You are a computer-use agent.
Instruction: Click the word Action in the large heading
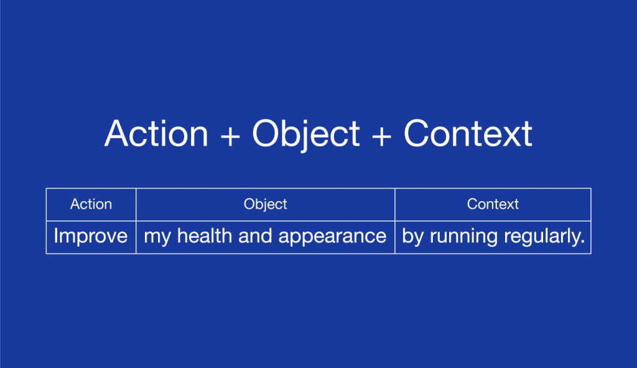tap(156, 133)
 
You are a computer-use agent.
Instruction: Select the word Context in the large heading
tap(468, 133)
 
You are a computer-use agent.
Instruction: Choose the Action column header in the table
tap(91, 204)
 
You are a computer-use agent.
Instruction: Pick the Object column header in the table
tap(265, 205)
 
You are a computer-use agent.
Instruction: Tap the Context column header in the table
tap(493, 204)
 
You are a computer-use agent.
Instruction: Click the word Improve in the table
tap(91, 237)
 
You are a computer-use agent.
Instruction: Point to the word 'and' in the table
tap(255, 236)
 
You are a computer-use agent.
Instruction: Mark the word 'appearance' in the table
tap(332, 237)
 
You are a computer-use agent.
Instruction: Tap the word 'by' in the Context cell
tap(412, 237)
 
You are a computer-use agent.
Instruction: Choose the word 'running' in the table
tap(463, 237)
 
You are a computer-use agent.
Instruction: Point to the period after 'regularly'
tap(582, 243)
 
